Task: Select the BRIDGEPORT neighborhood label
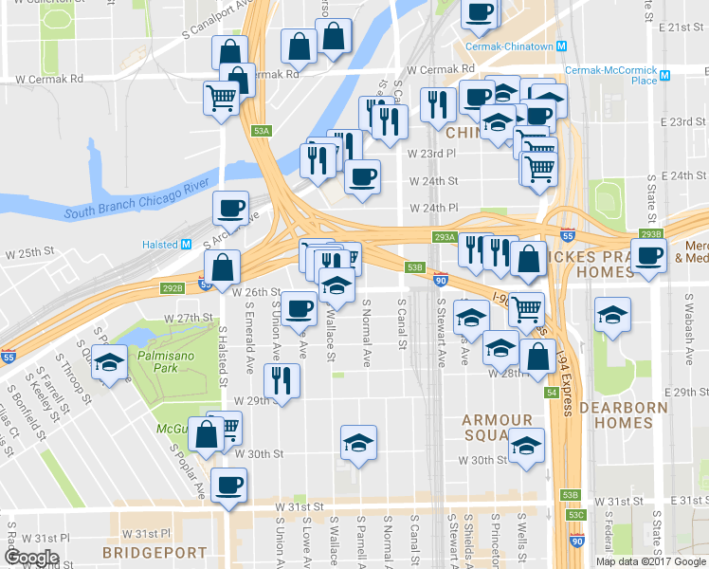click(155, 552)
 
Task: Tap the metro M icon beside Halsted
click(186, 245)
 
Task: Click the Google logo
click(30, 558)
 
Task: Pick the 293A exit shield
click(445, 237)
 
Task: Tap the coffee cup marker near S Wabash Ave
click(649, 255)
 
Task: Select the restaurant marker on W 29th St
click(284, 378)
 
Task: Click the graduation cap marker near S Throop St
click(110, 363)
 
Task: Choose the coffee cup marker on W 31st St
click(227, 486)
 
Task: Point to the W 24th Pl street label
click(433, 208)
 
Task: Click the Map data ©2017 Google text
click(650, 561)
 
